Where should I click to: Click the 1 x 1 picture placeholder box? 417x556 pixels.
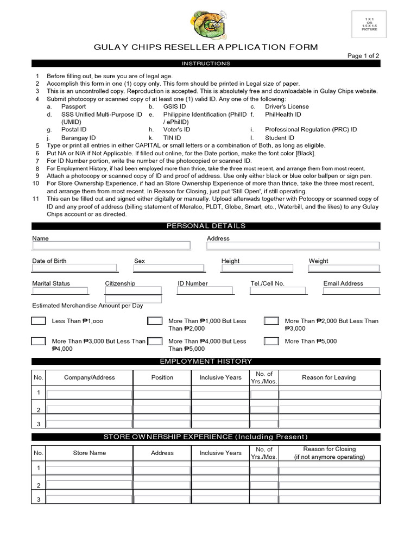(369, 23)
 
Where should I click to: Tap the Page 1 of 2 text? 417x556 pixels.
(363, 55)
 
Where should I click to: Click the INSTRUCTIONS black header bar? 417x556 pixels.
(206, 64)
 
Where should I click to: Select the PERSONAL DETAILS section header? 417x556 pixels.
(206, 226)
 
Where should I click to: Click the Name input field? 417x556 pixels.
(111, 246)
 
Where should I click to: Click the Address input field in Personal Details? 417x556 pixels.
(293, 246)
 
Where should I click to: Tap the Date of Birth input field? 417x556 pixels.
(74, 268)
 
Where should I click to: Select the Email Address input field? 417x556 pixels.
(351, 290)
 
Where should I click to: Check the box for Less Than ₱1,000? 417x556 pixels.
(39, 321)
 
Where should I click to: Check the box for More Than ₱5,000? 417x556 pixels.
(271, 341)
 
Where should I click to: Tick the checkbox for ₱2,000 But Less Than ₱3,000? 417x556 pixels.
(271, 321)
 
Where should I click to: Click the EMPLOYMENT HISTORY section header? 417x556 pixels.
(206, 361)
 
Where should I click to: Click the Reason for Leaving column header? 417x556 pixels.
(328, 377)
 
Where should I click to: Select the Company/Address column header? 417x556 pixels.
(90, 377)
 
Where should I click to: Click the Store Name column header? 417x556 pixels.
(90, 453)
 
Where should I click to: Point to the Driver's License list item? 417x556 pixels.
(287, 107)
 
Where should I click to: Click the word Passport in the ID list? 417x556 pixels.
(73, 107)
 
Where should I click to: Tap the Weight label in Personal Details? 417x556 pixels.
(318, 261)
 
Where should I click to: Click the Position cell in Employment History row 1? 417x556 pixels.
(162, 394)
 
